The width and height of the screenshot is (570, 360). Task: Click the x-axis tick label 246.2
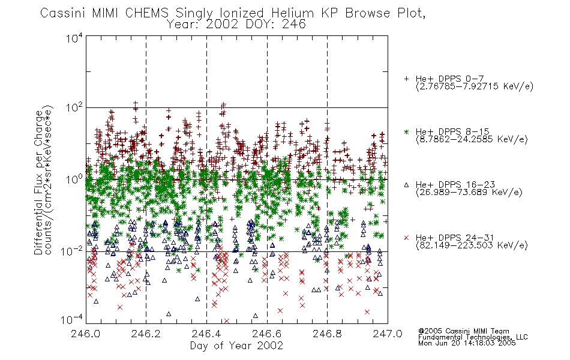pyautogui.click(x=146, y=334)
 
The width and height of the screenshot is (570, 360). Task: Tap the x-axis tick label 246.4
pyautogui.click(x=206, y=334)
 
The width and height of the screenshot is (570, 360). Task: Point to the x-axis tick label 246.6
pyautogui.click(x=267, y=334)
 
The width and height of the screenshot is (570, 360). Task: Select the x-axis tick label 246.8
pyautogui.click(x=327, y=334)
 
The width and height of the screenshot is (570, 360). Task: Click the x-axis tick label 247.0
pyautogui.click(x=388, y=334)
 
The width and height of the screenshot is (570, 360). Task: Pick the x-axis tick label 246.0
pyautogui.click(x=85, y=334)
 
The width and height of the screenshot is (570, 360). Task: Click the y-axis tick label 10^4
pyautogui.click(x=74, y=38)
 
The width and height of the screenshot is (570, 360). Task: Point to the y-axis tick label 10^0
pyautogui.click(x=74, y=179)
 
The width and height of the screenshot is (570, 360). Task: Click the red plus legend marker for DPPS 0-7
pyautogui.click(x=406, y=79)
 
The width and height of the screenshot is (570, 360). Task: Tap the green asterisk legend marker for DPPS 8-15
pyautogui.click(x=406, y=131)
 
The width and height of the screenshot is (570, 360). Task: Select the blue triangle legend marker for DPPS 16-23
pyautogui.click(x=406, y=185)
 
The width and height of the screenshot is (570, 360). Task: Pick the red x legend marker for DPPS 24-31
pyautogui.click(x=406, y=238)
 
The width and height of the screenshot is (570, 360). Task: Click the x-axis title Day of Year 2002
pyautogui.click(x=236, y=346)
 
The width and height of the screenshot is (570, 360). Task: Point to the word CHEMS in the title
pyautogui.click(x=147, y=13)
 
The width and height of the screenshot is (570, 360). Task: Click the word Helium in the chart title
pyautogui.click(x=293, y=13)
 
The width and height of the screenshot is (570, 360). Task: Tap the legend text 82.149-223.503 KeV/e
pyautogui.click(x=472, y=245)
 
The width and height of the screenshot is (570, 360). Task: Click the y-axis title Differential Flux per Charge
pyautogui.click(x=38, y=182)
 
